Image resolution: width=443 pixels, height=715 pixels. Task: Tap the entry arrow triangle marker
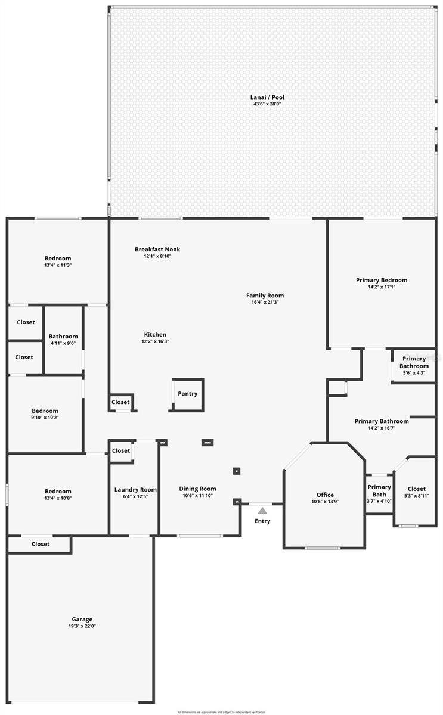[x=262, y=510]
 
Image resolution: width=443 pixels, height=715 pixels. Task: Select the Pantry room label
[x=187, y=394]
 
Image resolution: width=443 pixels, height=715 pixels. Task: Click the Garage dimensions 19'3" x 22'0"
[x=82, y=626]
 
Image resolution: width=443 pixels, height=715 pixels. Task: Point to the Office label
[x=325, y=495]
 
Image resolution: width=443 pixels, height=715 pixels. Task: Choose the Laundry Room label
[x=135, y=490]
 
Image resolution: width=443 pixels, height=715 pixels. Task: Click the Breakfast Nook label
[x=157, y=250]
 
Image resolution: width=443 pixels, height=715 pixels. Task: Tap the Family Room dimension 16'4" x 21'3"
[x=265, y=302]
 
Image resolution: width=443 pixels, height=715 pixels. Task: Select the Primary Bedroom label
[x=382, y=280]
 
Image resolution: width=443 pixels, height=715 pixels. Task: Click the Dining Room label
[x=197, y=489]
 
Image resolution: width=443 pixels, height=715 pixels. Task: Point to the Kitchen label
[x=155, y=335]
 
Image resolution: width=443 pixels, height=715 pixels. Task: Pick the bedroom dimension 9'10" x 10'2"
[x=45, y=418]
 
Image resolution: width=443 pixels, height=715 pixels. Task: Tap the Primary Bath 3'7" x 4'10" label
[x=379, y=491]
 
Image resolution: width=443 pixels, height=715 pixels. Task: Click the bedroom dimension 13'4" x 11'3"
[x=58, y=265]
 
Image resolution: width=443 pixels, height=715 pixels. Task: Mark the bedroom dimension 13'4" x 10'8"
[x=58, y=498]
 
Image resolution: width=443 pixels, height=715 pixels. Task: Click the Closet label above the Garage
[x=41, y=544]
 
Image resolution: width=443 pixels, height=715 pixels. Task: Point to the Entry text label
[x=262, y=521]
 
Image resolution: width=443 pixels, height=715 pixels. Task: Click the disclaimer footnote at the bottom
[x=221, y=711]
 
